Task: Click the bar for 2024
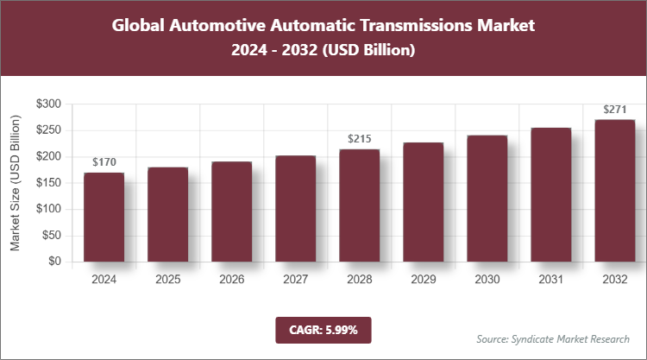[104, 217]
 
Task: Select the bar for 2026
[231, 212]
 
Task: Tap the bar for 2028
[359, 205]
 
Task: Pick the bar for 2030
[487, 199]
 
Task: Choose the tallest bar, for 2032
[614, 190]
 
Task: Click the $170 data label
[104, 161]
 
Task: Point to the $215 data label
[359, 138]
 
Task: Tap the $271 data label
[614, 109]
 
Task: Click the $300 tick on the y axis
[48, 104]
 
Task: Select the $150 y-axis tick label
[48, 182]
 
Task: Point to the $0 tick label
[54, 261]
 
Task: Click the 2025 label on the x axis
[167, 279]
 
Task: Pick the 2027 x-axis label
[295, 279]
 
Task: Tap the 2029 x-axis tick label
[423, 279]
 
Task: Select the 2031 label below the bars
[550, 279]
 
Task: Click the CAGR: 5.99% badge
[323, 329]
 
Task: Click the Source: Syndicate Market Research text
[552, 338]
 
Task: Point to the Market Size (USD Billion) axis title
[15, 182]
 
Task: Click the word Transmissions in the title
[405, 25]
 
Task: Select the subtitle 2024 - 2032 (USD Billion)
[323, 51]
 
